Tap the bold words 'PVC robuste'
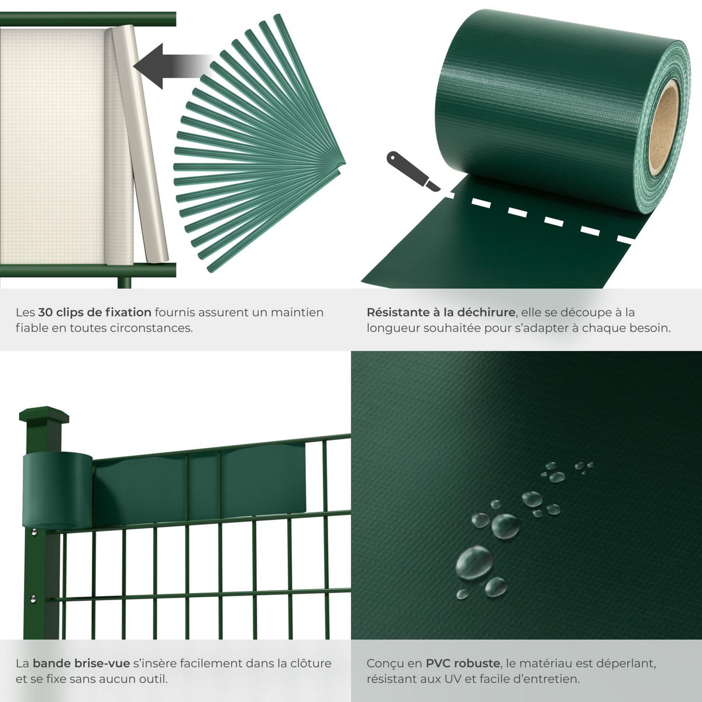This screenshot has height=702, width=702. click(x=463, y=664)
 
